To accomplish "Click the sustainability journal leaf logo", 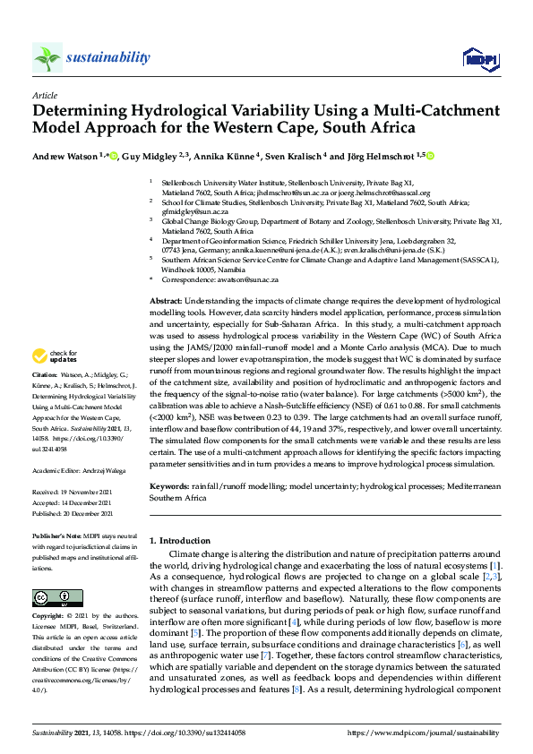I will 47,58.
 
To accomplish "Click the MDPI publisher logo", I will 479,59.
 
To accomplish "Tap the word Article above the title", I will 44,94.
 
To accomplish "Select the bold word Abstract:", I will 167,300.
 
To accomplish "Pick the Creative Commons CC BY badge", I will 52,596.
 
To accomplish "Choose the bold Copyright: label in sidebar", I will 50,617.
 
